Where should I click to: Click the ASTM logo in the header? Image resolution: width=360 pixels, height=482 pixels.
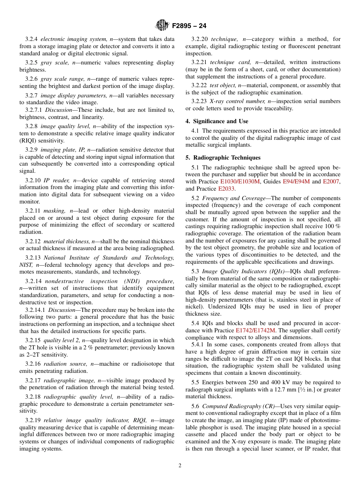click(x=162, y=25)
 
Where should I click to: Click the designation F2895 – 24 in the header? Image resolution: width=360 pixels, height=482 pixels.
click(x=189, y=26)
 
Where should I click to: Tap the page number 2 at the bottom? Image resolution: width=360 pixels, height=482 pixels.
click(x=180, y=466)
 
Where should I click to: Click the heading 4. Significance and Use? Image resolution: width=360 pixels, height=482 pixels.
click(x=217, y=121)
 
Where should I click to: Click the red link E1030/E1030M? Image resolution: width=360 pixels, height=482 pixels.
click(x=240, y=182)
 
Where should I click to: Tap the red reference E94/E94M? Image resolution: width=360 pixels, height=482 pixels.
click(x=296, y=182)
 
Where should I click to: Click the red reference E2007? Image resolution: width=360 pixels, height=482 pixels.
click(x=331, y=182)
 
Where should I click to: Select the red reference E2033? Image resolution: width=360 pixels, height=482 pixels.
click(x=226, y=189)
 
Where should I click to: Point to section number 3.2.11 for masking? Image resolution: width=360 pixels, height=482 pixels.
click(x=33, y=211)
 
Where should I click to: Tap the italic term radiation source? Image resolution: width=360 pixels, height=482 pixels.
click(x=66, y=364)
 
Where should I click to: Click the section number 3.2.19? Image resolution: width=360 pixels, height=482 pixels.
click(x=33, y=420)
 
